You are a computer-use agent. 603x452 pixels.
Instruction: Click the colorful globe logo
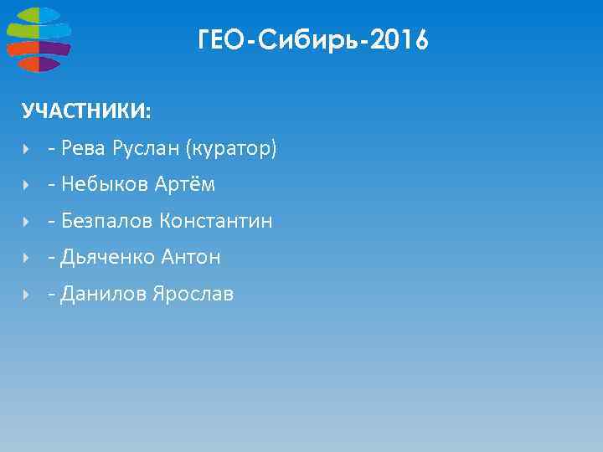click(x=39, y=39)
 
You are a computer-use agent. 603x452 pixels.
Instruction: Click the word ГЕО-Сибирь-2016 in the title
click(x=313, y=39)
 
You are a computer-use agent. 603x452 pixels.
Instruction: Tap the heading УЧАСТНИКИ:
click(x=87, y=112)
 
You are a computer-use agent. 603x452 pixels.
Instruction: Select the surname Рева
click(x=82, y=149)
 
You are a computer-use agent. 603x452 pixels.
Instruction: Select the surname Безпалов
click(x=106, y=221)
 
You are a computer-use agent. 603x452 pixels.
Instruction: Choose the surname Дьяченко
click(x=107, y=257)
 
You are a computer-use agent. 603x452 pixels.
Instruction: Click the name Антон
click(x=191, y=257)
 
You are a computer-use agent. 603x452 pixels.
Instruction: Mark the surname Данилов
click(x=104, y=294)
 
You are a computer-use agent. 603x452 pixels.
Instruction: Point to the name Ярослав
click(x=193, y=294)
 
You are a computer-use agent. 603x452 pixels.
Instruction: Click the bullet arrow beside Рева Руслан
click(x=27, y=150)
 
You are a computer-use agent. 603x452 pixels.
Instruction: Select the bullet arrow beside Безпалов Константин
click(x=27, y=222)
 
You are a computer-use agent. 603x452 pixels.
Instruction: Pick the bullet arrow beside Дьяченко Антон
click(x=27, y=258)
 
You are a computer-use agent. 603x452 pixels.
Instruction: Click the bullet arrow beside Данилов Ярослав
click(x=27, y=295)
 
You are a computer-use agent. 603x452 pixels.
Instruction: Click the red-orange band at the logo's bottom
click(x=38, y=64)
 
